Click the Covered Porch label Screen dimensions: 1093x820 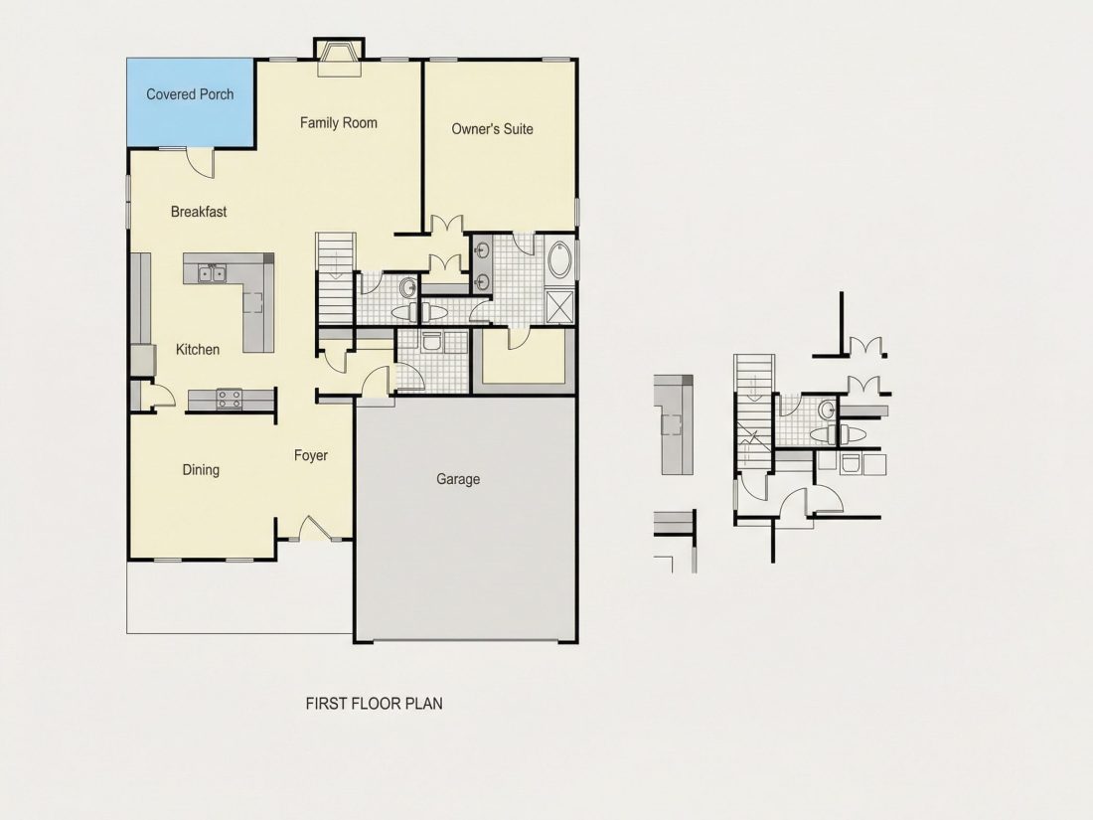coord(190,94)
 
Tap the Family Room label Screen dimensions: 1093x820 coord(338,122)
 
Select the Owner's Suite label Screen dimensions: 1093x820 coord(492,129)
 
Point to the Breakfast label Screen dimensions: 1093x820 coord(199,212)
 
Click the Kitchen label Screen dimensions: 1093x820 coord(198,349)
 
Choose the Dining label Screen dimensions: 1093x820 coord(201,470)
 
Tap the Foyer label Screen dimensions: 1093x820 coord(310,455)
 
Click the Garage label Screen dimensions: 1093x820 coord(458,479)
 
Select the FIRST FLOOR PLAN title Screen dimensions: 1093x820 coord(374,704)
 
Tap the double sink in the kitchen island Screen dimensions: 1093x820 coord(212,273)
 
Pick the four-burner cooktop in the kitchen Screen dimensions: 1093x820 coord(229,399)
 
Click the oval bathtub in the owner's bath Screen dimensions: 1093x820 coord(559,260)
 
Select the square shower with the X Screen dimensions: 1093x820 coord(559,307)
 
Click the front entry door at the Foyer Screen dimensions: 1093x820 coord(315,529)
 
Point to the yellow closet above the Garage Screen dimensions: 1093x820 coord(524,356)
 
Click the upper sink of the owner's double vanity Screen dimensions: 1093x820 coord(482,249)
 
